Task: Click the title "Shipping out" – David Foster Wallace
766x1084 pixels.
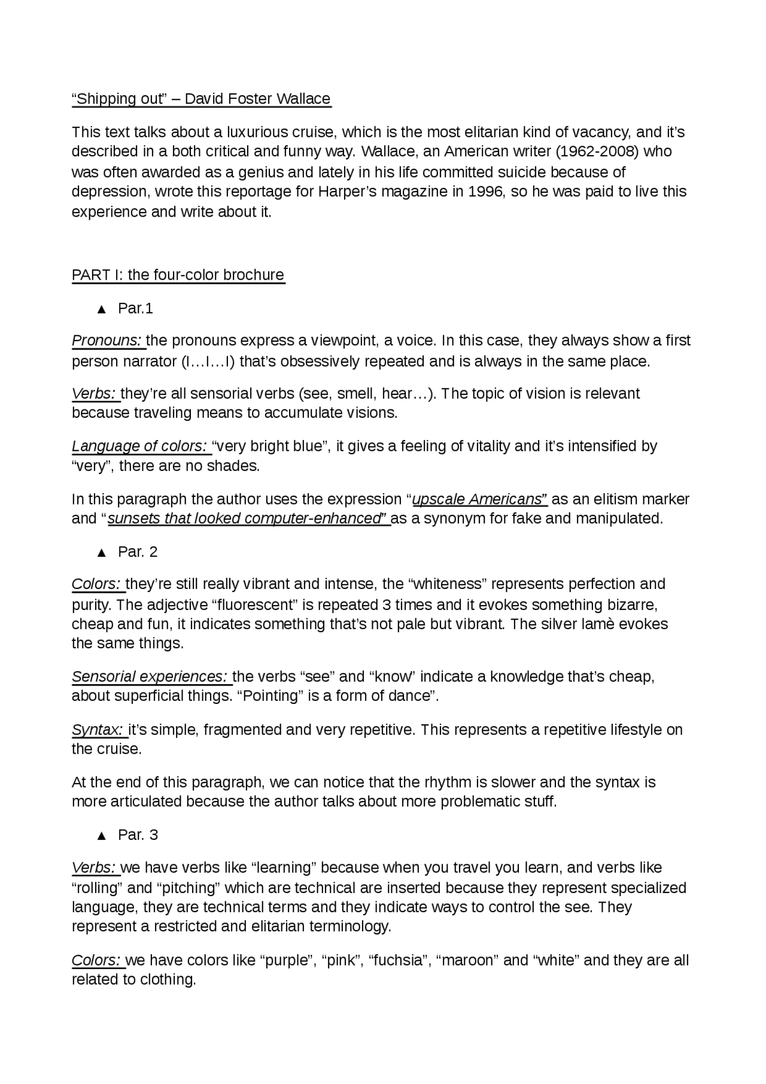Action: (201, 99)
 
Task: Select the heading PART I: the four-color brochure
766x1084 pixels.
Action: (178, 275)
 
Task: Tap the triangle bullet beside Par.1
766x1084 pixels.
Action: (101, 309)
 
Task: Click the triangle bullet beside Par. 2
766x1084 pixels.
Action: (101, 552)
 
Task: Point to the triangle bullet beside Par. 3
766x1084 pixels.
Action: (101, 836)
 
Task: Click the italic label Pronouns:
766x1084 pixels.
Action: (107, 341)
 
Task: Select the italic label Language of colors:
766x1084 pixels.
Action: (140, 447)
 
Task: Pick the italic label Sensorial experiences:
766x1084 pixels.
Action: (150, 677)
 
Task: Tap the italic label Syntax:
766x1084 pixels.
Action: (98, 730)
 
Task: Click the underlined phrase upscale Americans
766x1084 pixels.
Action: (479, 500)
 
